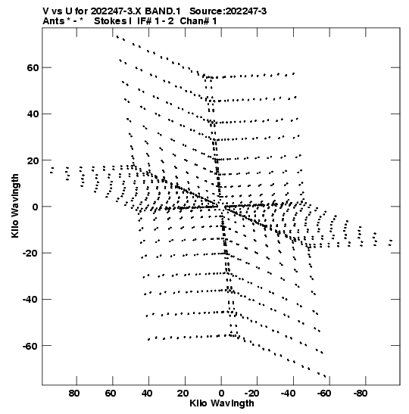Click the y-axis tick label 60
coord(33,68)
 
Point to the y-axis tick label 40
coord(33,114)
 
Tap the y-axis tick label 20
coord(33,160)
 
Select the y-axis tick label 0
coord(36,207)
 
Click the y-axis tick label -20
coord(31,254)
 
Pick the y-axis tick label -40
coord(31,300)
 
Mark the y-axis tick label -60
coord(31,346)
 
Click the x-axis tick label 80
coord(74,394)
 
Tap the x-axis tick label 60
coord(111,394)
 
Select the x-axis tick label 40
coord(147,394)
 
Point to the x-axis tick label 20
coord(183,394)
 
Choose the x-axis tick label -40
coord(289,394)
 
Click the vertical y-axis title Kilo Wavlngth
coord(15,206)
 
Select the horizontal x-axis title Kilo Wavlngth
coord(222,403)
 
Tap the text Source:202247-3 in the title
coord(228,11)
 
